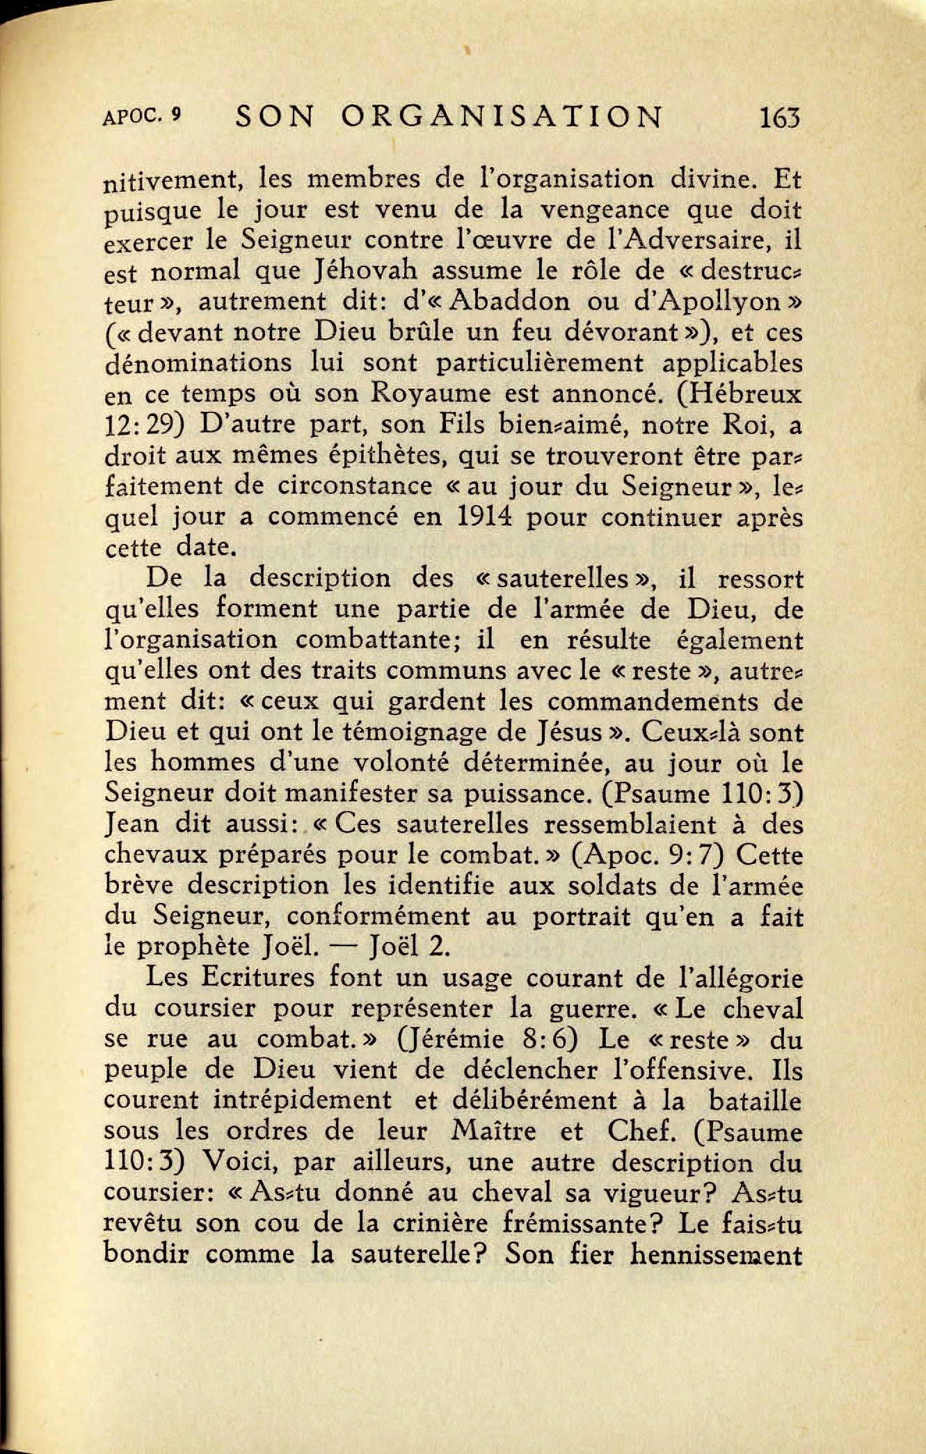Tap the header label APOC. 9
[141, 116]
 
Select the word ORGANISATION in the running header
[502, 117]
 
